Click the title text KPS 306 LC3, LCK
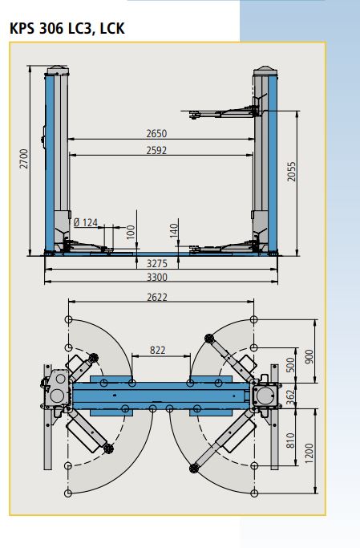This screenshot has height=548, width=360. (67, 29)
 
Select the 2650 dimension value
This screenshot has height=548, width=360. (156, 133)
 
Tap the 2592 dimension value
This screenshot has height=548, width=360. (156, 150)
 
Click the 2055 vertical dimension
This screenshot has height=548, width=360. (292, 172)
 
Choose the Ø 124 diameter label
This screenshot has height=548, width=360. (85, 221)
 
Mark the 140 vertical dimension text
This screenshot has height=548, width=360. (173, 231)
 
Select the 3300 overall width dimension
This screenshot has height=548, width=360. (156, 278)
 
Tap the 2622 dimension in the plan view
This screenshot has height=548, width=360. (156, 298)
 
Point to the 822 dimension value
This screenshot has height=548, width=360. (158, 350)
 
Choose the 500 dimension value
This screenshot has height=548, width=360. (291, 365)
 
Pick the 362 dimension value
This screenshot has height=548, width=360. (291, 395)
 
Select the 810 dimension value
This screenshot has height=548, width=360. (291, 439)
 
